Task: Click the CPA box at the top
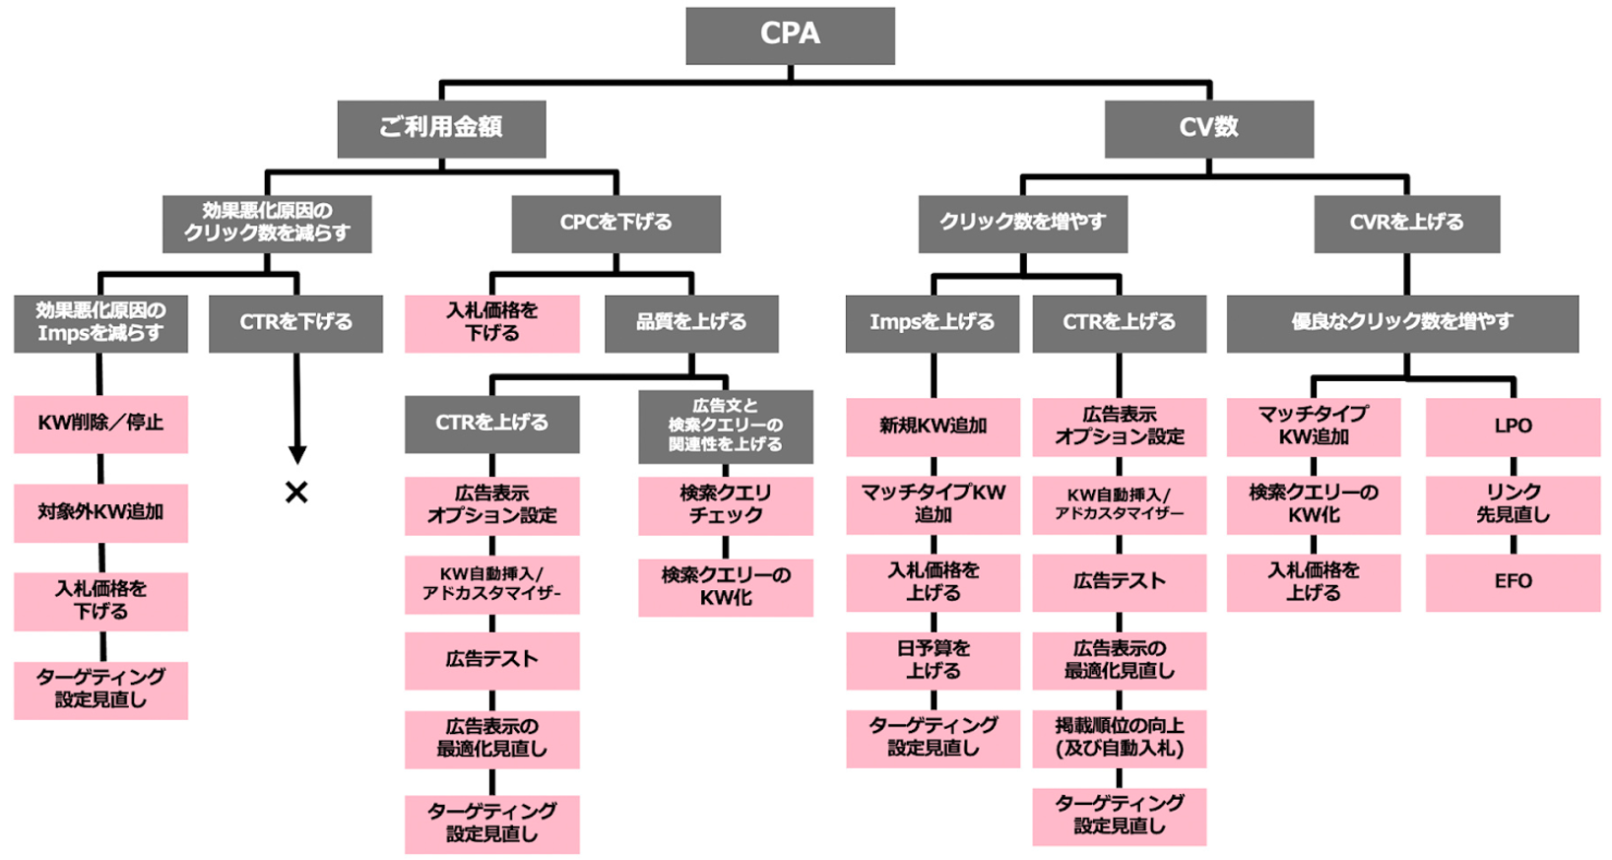coord(790,35)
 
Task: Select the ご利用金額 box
coord(441,128)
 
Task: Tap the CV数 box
coord(1208,128)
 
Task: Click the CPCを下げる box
coord(615,224)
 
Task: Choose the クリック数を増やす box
coord(1022,224)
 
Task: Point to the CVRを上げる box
coord(1406,224)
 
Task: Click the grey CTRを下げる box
coord(295,323)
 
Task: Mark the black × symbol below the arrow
coord(296,492)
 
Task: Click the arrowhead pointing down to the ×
coord(296,454)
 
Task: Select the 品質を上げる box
coord(691,323)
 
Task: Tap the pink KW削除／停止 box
coord(100,424)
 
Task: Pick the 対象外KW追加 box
coord(100,512)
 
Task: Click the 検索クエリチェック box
coord(726,505)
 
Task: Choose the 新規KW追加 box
coord(933,427)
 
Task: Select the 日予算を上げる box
coord(933,660)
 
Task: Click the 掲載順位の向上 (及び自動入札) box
coord(1119,738)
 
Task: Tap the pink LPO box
coord(1513,427)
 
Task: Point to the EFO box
coord(1513,582)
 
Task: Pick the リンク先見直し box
coord(1513,504)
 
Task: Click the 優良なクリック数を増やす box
coord(1401,323)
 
